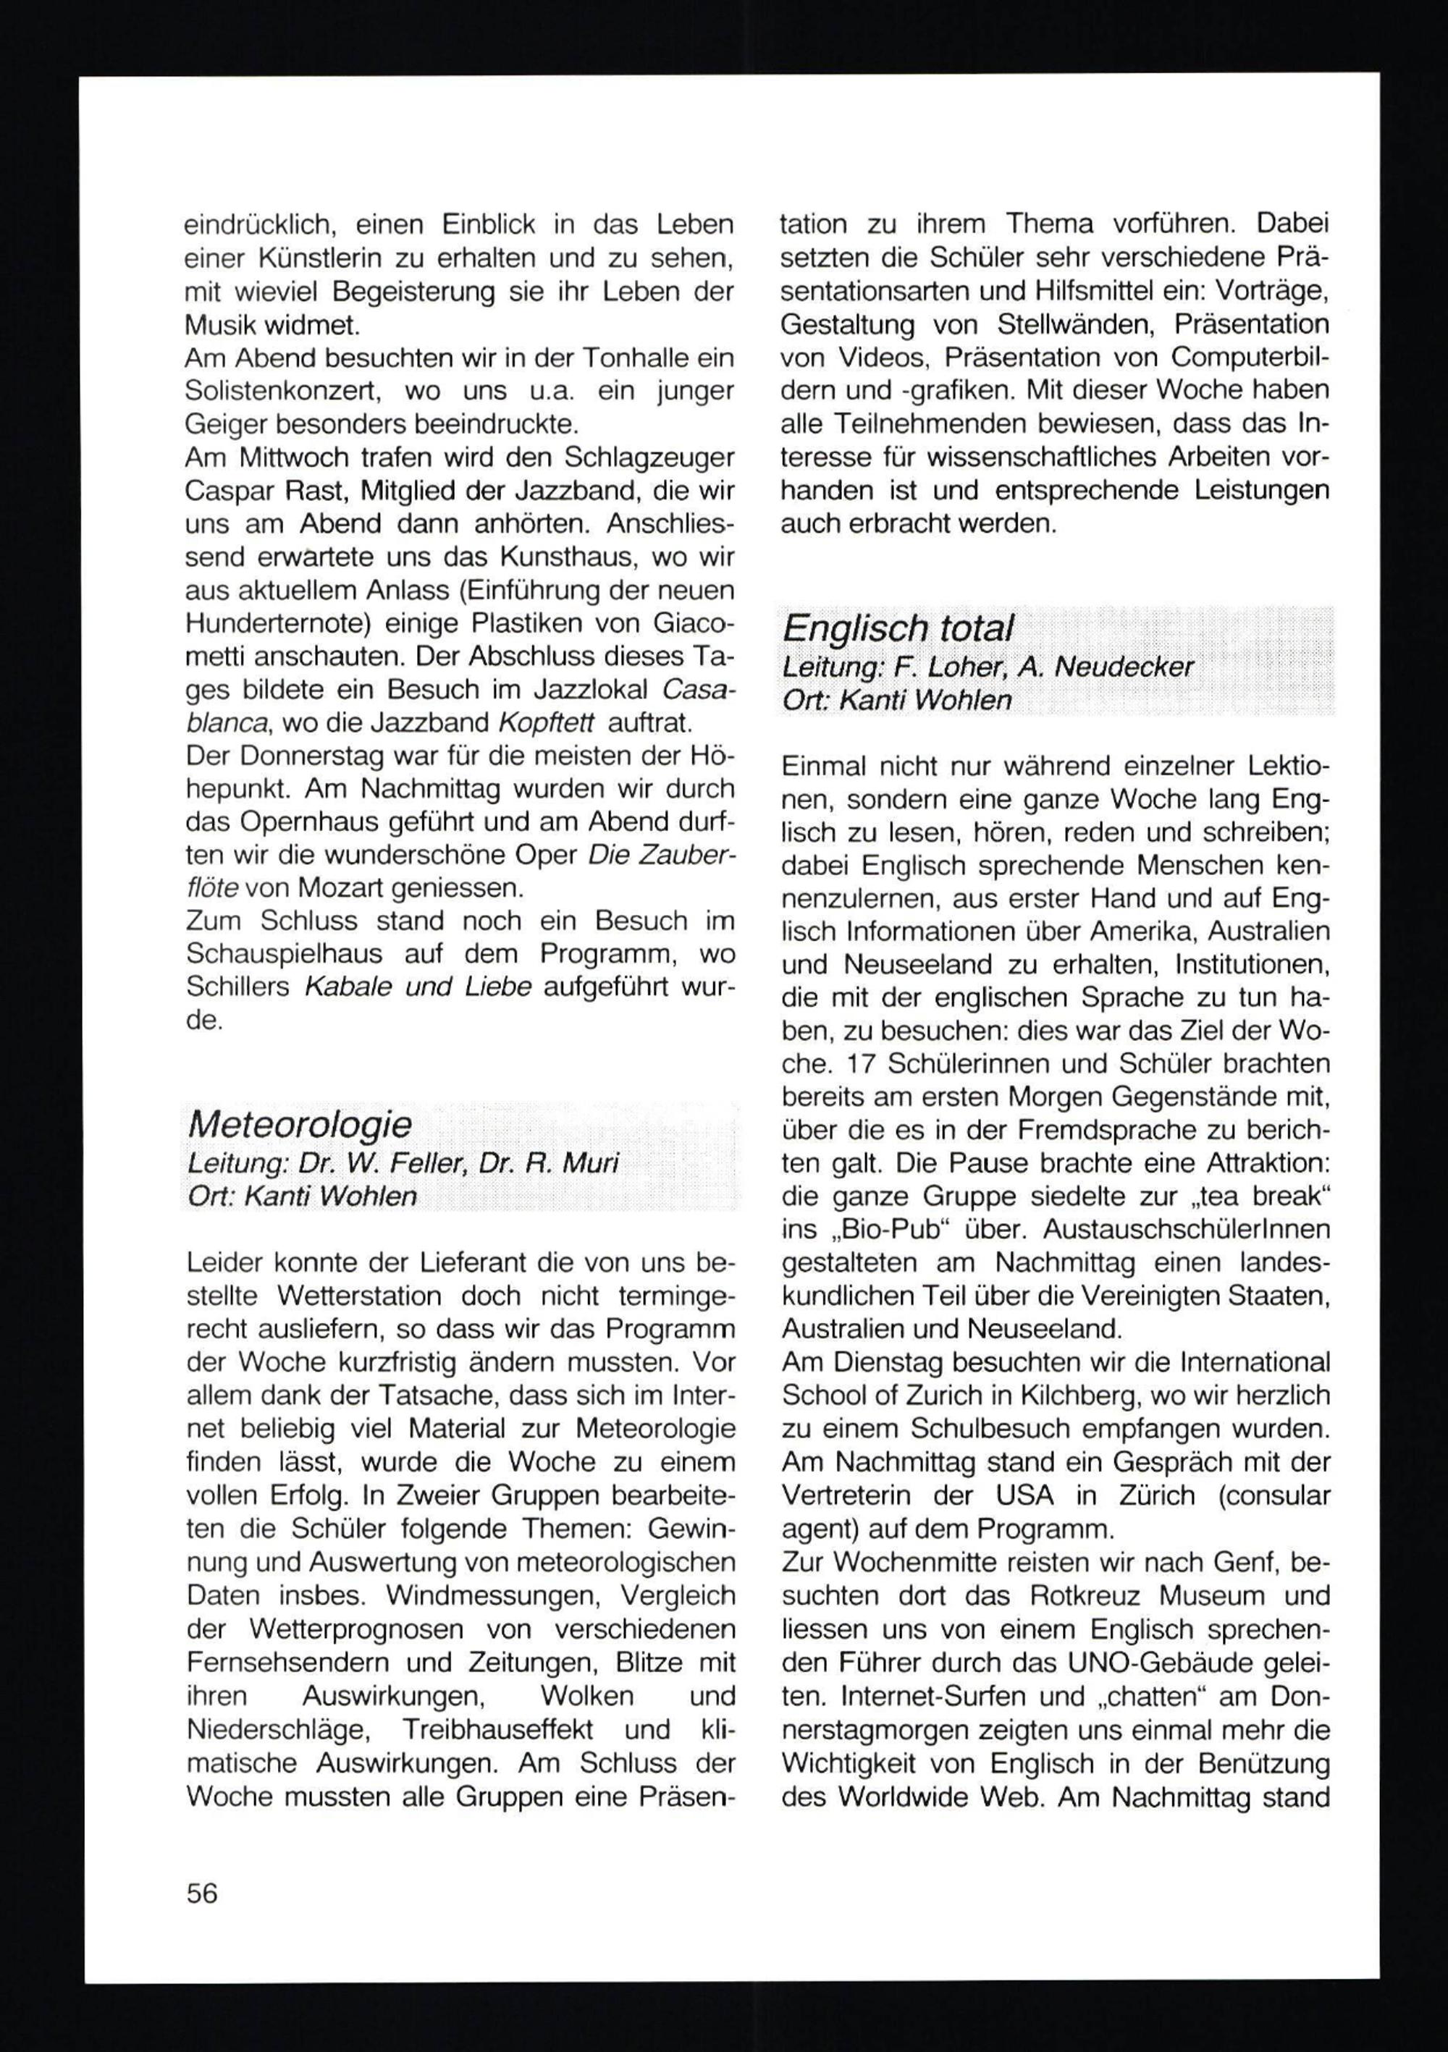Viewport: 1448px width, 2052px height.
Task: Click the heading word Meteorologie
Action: (x=300, y=1124)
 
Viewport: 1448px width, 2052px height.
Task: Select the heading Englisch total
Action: (x=898, y=629)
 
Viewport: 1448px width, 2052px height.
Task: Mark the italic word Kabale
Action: (x=348, y=987)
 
